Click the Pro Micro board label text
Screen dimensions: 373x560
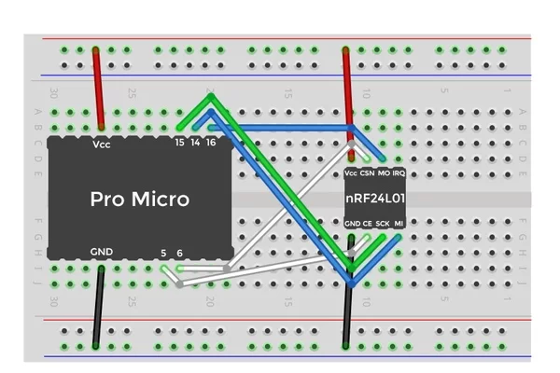pos(139,199)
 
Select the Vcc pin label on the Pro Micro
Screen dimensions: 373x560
pos(102,145)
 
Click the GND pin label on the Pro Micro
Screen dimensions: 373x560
pos(102,252)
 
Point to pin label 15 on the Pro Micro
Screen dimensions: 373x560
pos(180,143)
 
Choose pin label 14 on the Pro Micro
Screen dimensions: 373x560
pos(195,143)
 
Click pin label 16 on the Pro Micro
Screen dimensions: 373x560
pos(211,143)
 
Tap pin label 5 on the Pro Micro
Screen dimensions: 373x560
pos(164,253)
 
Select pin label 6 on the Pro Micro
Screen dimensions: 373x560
pos(179,253)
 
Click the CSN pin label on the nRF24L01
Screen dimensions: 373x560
pos(367,173)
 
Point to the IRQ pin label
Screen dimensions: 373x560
pos(399,173)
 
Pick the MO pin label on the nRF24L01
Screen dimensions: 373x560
pos(384,173)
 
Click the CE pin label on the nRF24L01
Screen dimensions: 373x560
pos(367,224)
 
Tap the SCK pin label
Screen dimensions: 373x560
pos(383,224)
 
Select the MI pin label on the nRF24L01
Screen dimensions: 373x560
pos(399,224)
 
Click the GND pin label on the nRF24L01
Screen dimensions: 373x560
pos(352,224)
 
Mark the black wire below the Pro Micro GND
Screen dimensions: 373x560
pos(98,308)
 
